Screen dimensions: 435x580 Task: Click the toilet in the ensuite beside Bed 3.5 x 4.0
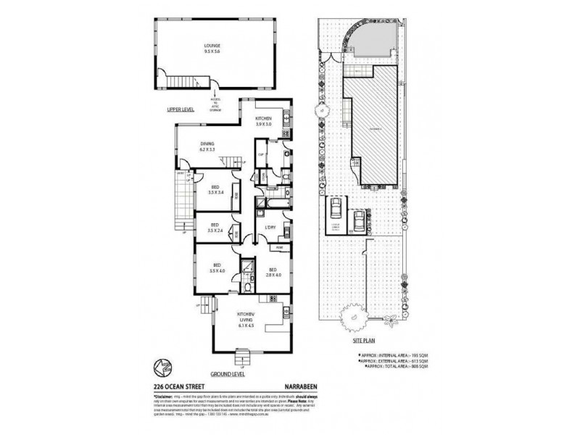pyautogui.click(x=249, y=286)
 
